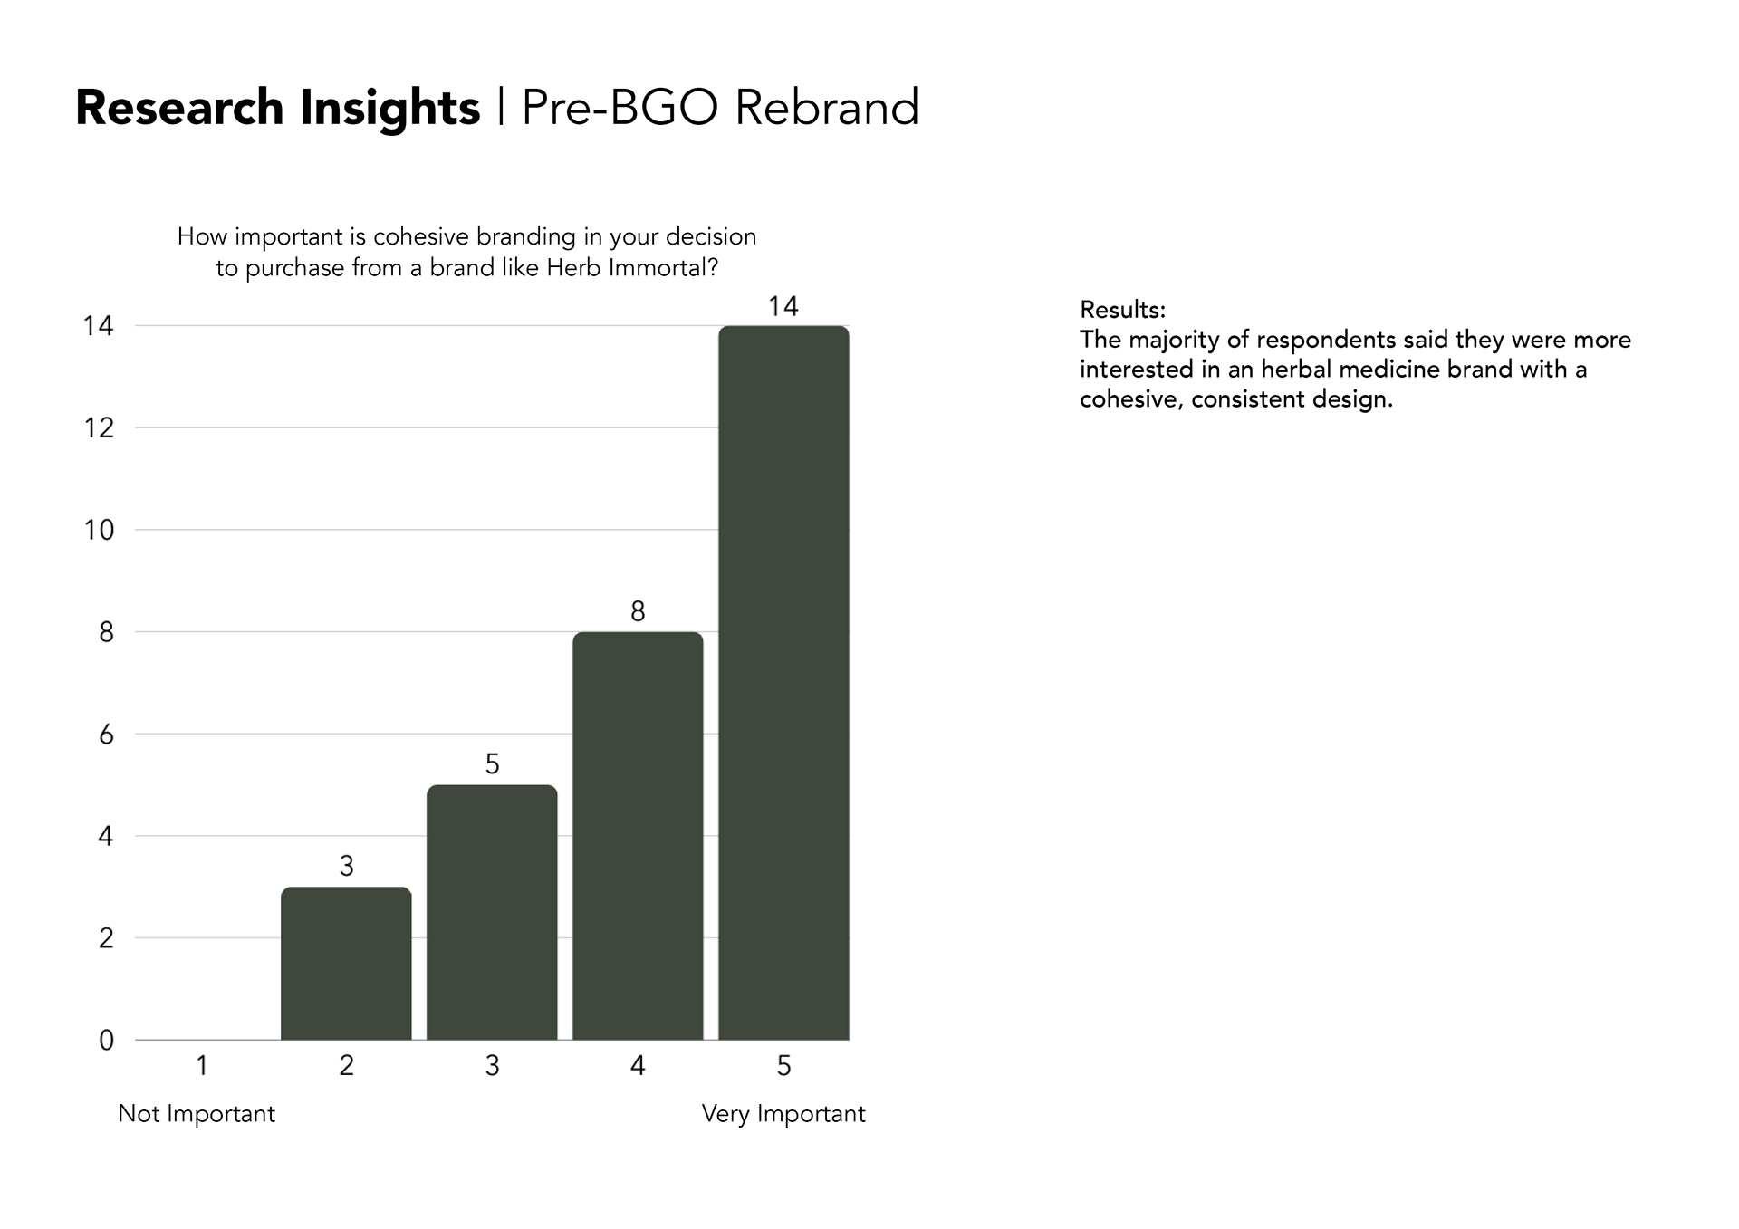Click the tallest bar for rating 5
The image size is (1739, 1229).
783,683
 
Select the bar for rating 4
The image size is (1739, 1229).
638,836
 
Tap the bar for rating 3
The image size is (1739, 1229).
492,912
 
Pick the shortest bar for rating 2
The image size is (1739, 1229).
346,964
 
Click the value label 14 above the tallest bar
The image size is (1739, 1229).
783,306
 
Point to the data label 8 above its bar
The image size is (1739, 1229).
638,612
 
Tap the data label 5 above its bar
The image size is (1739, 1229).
492,764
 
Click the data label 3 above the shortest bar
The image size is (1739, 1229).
346,867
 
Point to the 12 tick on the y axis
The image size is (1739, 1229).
100,427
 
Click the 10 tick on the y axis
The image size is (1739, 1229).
100,530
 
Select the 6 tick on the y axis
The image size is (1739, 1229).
107,735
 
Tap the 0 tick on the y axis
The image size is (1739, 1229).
107,1041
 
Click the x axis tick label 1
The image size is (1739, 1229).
202,1066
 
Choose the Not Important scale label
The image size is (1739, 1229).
197,1113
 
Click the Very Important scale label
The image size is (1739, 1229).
783,1114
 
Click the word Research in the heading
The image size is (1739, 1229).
179,108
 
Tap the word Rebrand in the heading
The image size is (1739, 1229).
827,108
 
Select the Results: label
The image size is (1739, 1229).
1123,310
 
